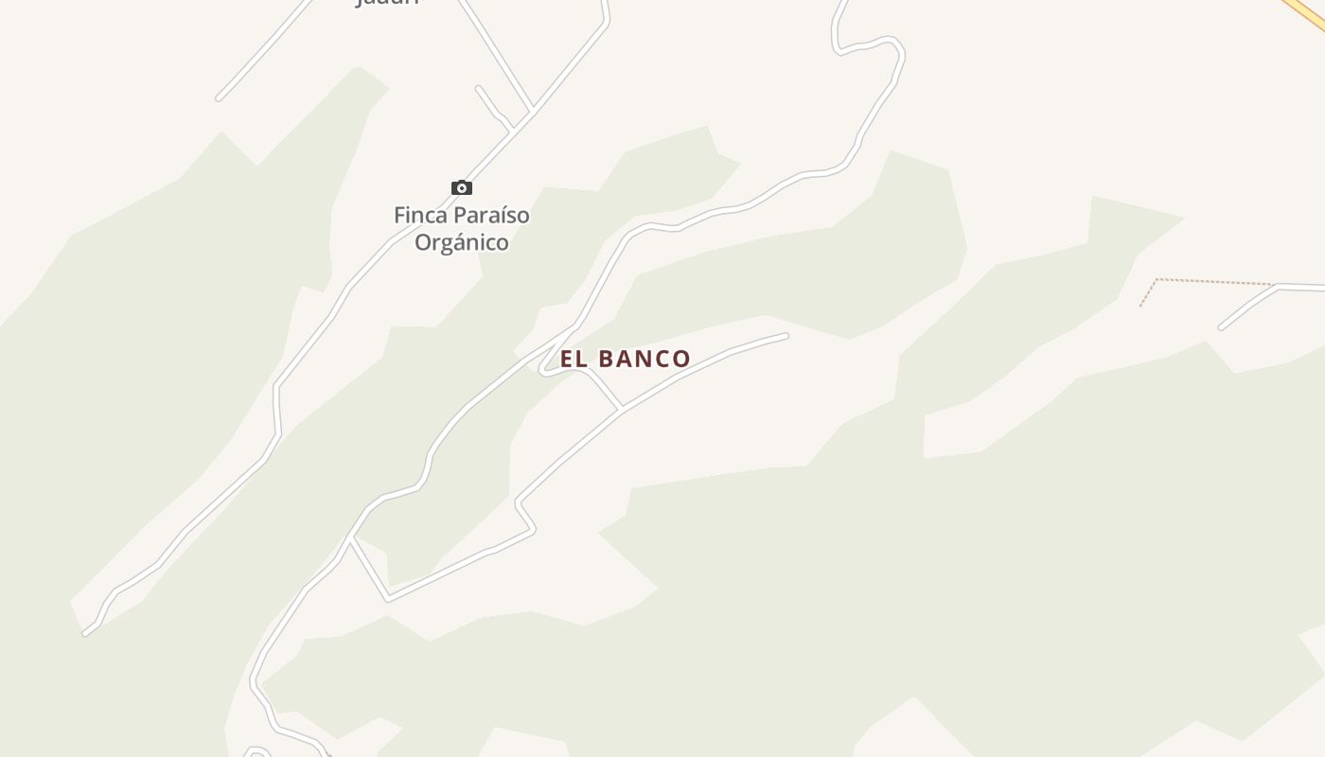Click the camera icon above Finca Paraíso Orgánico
tap(462, 187)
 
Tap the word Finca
tap(421, 216)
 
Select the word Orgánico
tap(462, 243)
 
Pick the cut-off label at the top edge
tap(386, 3)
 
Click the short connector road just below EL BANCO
tap(604, 388)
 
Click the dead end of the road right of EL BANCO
tap(785, 336)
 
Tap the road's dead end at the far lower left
tap(86, 632)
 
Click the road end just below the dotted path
tap(1222, 327)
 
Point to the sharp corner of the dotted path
tap(1157, 279)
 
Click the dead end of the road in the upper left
tap(219, 97)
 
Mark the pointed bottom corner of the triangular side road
tap(388, 599)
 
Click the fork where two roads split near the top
tap(533, 112)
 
